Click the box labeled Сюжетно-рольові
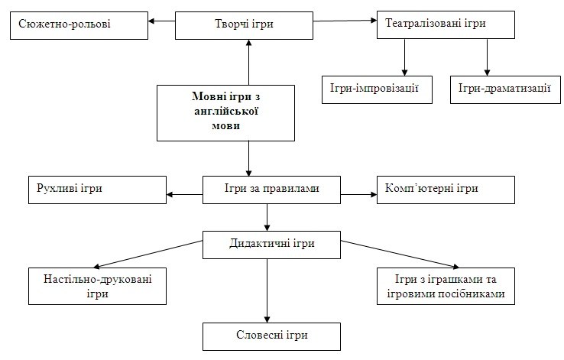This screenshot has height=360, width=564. (x=79, y=25)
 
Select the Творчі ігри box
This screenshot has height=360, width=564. (x=244, y=25)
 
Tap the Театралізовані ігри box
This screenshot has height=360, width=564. (x=446, y=24)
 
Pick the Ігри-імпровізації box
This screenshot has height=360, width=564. (x=377, y=89)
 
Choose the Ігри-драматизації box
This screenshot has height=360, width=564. (x=505, y=89)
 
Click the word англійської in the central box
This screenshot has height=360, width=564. (x=226, y=111)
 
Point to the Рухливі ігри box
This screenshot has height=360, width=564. (x=98, y=190)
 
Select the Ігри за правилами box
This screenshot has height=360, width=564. (x=271, y=190)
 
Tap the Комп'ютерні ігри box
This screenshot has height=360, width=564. (x=446, y=190)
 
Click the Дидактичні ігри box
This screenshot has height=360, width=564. (x=271, y=245)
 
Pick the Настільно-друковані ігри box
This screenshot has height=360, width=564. (x=98, y=287)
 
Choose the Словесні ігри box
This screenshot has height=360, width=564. (x=271, y=336)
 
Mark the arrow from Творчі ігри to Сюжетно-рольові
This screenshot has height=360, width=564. (x=162, y=21)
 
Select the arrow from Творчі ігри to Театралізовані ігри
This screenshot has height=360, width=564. (x=345, y=21)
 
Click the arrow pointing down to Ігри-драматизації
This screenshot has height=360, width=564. (x=488, y=57)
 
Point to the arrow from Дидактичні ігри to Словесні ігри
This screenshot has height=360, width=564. (x=267, y=291)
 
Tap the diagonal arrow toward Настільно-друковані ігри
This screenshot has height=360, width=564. (x=147, y=255)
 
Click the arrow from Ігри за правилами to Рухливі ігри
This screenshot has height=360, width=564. (x=184, y=195)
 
